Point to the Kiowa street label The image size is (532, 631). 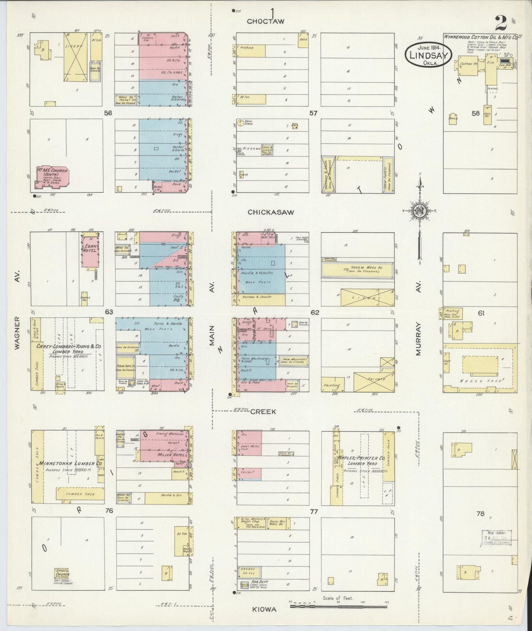264,610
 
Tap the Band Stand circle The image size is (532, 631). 241,123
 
